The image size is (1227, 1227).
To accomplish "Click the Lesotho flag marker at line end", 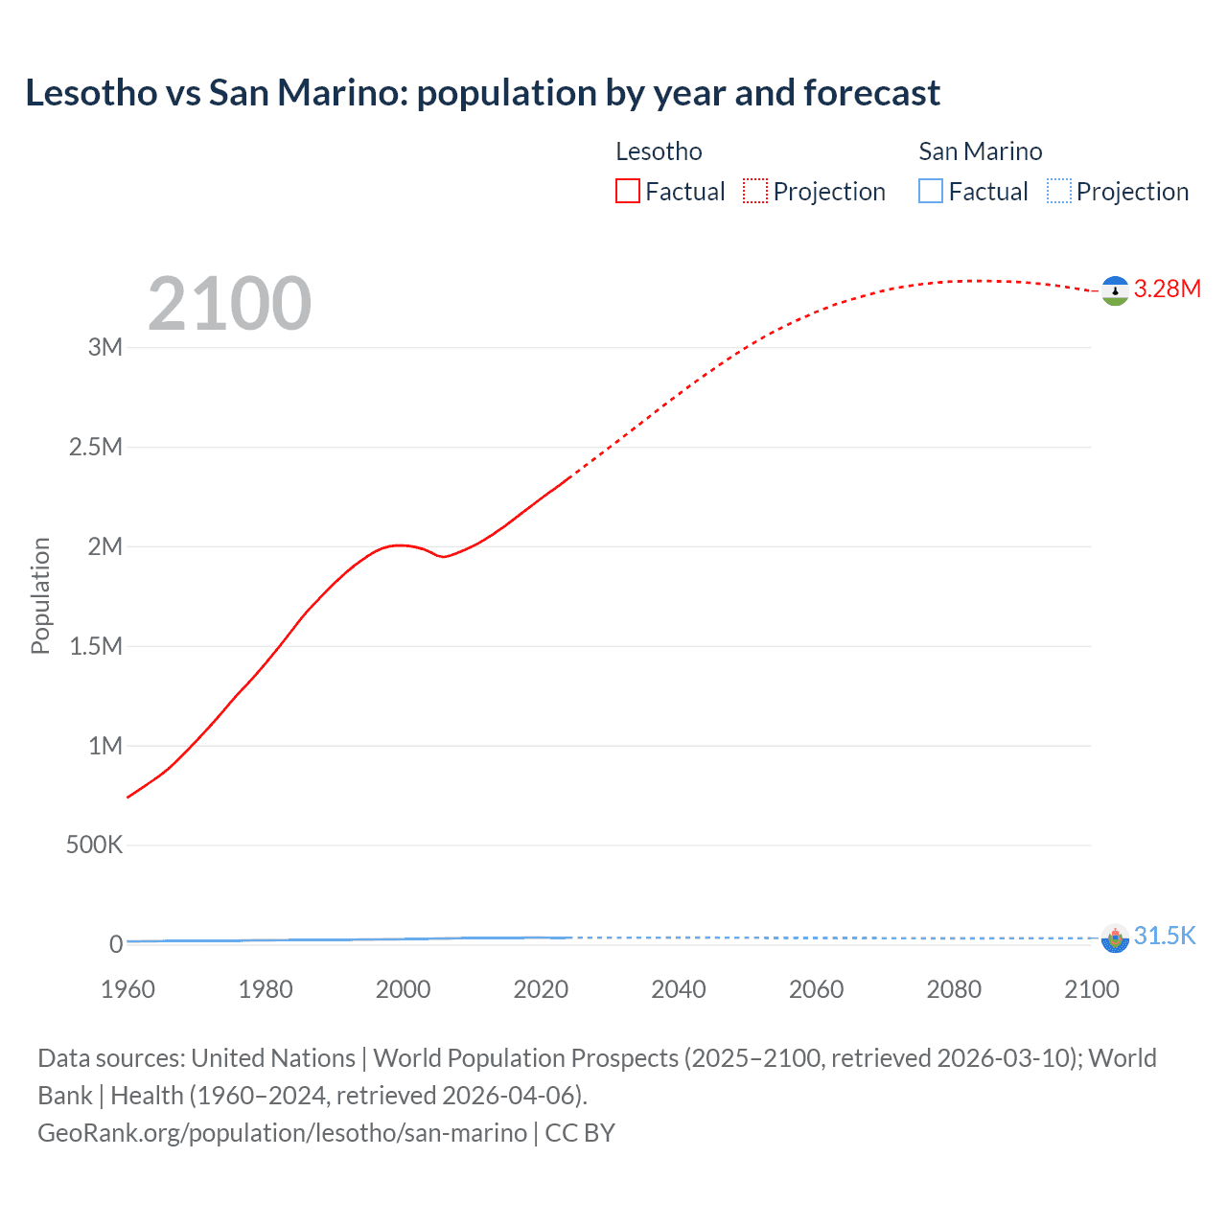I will tap(1115, 290).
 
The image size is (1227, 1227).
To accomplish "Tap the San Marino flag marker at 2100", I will tap(1115, 938).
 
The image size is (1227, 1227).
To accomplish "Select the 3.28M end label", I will tap(1167, 289).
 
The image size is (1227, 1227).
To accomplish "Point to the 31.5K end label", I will tap(1164, 937).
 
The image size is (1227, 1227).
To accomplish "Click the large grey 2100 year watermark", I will tap(229, 304).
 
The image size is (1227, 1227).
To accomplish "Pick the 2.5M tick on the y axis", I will tap(96, 448).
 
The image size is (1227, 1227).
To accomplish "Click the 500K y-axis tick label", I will tap(94, 845).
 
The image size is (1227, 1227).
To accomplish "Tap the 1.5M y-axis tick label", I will tap(96, 646).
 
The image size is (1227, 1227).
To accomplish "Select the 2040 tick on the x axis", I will tap(679, 989).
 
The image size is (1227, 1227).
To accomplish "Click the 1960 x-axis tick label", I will tap(127, 989).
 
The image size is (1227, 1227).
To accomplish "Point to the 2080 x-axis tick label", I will tap(954, 989).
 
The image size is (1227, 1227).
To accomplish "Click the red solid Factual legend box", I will tap(628, 192).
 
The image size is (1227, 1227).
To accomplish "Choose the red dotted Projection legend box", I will tap(755, 192).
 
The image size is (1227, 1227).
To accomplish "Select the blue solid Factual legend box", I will tap(931, 192).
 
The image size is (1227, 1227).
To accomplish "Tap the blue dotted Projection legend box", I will tap(1058, 192).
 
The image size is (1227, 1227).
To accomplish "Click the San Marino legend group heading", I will tap(980, 151).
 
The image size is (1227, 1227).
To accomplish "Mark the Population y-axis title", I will tap(40, 595).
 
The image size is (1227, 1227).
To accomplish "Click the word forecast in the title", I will tap(871, 93).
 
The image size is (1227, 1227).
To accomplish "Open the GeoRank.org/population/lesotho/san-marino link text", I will tap(282, 1133).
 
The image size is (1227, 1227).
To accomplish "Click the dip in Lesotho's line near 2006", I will tap(443, 557).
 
